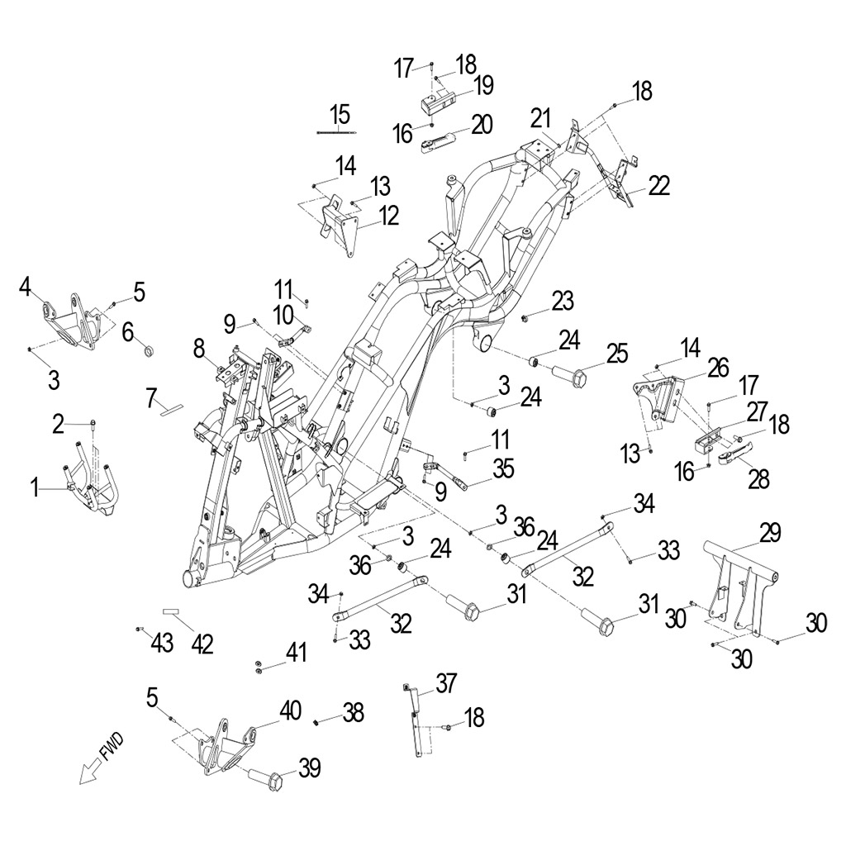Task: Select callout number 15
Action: point(340,113)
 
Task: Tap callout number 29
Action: point(770,533)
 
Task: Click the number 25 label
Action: point(616,354)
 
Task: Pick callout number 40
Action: point(290,710)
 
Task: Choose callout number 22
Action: point(658,186)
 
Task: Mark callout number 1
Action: point(36,489)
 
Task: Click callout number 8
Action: point(199,349)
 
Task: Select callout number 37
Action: point(446,683)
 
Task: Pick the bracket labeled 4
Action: point(73,321)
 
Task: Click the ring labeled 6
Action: point(150,353)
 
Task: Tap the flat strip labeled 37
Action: point(416,723)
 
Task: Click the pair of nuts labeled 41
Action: point(258,667)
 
